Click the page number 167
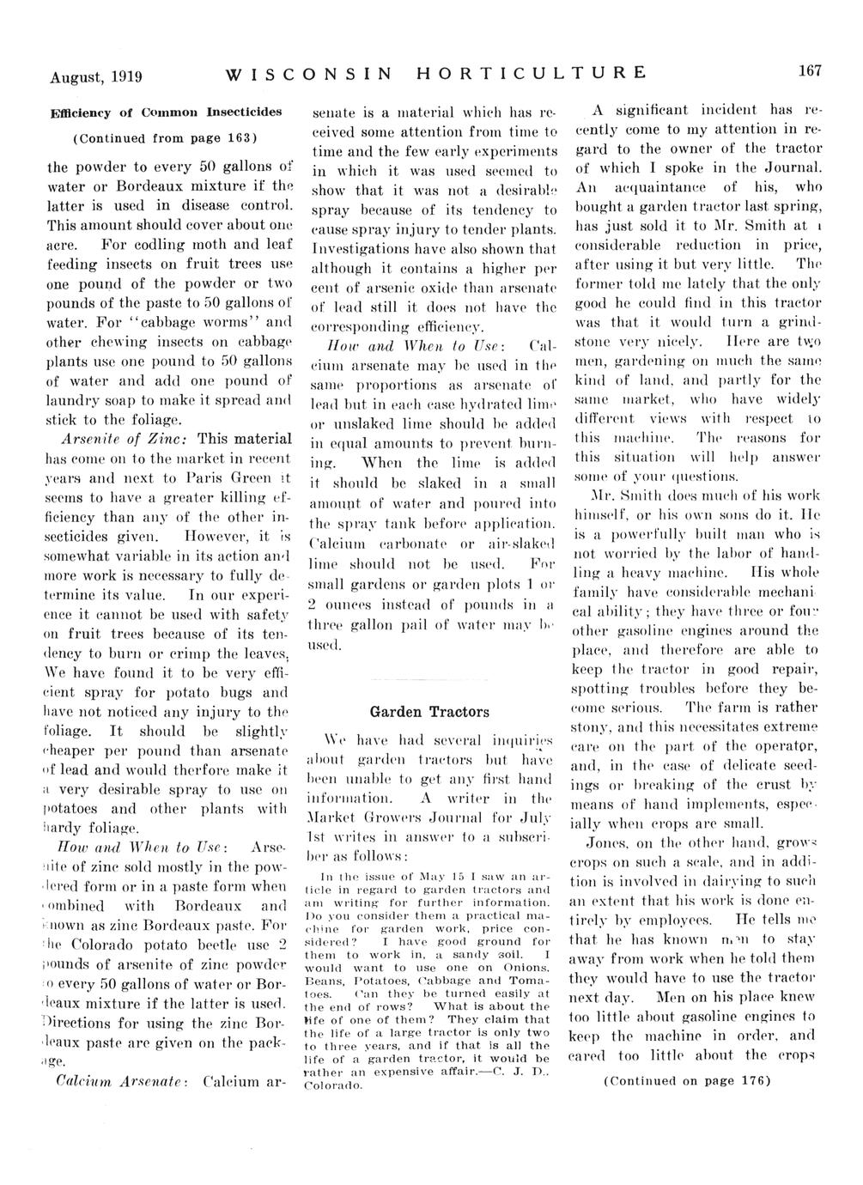tap(811, 71)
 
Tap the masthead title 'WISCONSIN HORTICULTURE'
tap(435, 74)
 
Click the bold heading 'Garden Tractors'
tap(429, 712)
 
